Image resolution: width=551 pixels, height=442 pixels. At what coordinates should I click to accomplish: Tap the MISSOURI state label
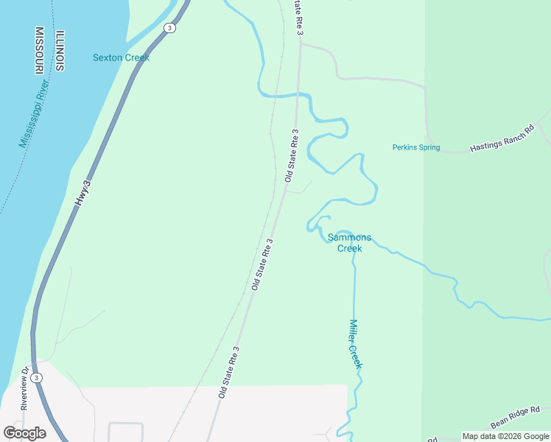click(39, 51)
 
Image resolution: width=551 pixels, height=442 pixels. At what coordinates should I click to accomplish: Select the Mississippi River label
click(34, 115)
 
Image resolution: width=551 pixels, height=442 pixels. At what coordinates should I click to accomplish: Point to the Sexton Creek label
click(121, 57)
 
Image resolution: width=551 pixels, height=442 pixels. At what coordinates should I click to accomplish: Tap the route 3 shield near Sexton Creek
click(170, 28)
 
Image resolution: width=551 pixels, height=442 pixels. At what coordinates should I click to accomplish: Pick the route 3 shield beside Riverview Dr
click(38, 377)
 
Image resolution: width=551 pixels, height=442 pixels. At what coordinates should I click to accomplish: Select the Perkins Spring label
click(415, 147)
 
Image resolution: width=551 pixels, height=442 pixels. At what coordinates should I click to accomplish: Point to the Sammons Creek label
click(350, 243)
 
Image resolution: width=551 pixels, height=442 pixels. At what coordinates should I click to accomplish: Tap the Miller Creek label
click(354, 343)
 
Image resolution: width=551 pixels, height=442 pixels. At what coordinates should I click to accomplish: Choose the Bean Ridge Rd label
click(515, 416)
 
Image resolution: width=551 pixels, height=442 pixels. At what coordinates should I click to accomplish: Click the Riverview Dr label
click(24, 387)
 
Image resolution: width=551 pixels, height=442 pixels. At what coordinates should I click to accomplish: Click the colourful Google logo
click(24, 432)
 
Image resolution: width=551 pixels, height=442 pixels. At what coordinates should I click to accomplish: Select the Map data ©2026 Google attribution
click(505, 436)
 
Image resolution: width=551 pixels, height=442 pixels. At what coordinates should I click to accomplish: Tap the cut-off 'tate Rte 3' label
click(298, 17)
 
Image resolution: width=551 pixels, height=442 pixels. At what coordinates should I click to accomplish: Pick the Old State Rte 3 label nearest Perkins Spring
click(292, 155)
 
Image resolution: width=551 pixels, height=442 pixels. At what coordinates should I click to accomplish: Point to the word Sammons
click(350, 238)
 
